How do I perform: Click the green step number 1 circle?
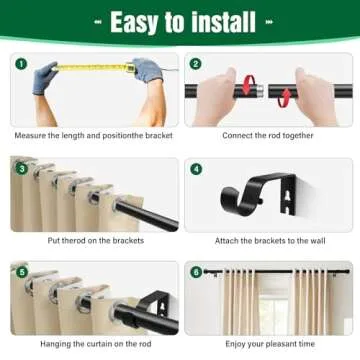[x=20, y=64]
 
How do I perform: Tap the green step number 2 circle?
[x=196, y=64]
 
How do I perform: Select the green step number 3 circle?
[x=20, y=168]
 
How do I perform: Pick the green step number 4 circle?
[x=196, y=169]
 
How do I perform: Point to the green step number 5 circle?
[x=20, y=271]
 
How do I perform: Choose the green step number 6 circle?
[x=196, y=271]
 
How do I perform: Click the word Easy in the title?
[x=134, y=21]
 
